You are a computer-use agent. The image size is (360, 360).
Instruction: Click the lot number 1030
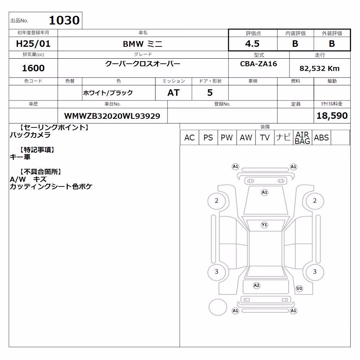pos(64,20)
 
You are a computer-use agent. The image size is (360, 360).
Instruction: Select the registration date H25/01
pos(33,44)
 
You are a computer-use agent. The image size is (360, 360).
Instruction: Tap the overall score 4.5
pos(252,44)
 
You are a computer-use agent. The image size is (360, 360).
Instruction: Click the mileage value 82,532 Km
pos(319,68)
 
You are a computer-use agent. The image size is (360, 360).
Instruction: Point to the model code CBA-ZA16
pos(258,64)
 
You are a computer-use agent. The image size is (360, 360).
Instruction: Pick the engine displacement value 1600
pos(33,68)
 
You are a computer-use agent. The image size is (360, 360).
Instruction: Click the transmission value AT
pos(174,93)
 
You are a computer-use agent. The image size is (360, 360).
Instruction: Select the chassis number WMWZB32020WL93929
pos(112,116)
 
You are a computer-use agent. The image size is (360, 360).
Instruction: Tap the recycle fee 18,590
pos(332,116)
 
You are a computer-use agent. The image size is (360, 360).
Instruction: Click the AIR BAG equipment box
pos(302,138)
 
